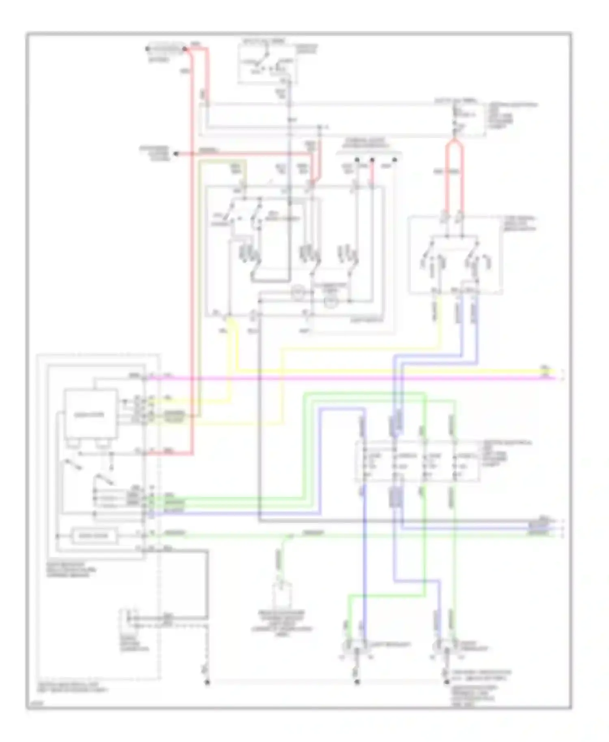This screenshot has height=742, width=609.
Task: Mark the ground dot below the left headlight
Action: click(357, 682)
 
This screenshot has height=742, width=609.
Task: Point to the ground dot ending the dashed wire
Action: click(207, 682)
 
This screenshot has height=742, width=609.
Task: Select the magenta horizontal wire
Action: click(349, 378)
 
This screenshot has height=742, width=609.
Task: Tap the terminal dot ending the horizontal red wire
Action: click(176, 154)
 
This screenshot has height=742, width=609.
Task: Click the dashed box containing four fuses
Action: click(417, 462)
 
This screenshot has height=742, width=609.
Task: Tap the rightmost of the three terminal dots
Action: click(394, 160)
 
